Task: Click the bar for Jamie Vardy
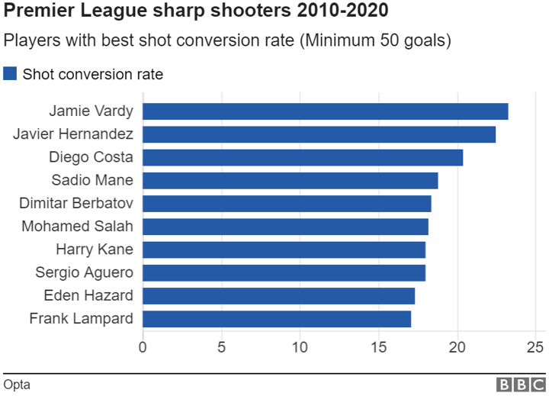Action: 325,111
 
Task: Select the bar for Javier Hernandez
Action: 319,134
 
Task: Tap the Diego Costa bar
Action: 303,157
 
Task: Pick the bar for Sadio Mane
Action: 290,180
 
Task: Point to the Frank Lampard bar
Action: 277,318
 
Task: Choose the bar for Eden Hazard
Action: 278,295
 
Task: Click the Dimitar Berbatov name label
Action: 76,203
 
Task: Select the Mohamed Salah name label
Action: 77,227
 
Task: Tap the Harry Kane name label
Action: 95,250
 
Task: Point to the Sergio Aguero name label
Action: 84,272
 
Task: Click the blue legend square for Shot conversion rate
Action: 10,74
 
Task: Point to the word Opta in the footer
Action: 17,384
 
